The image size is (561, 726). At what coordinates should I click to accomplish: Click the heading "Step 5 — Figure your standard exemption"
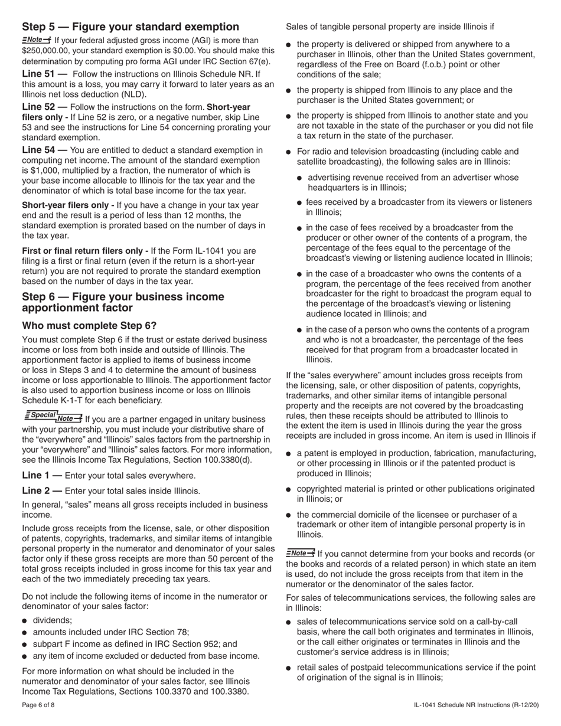131,27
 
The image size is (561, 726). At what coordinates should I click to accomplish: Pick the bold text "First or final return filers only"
84,251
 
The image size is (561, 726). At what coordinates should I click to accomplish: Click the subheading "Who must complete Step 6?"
89,326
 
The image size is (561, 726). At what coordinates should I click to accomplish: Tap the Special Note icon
53,417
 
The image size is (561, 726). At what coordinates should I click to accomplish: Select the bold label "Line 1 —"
42,475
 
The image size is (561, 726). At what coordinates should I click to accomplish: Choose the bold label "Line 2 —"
42,490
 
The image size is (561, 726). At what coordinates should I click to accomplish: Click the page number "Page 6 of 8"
38,705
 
